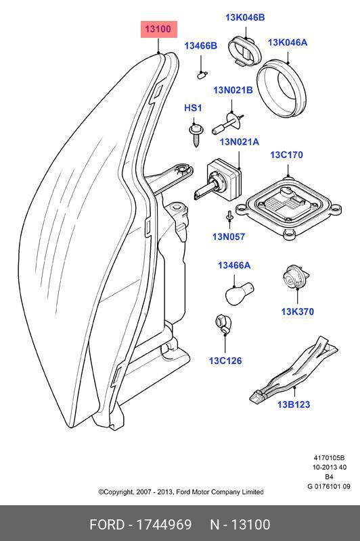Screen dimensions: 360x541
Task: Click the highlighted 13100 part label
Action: [x=159, y=29]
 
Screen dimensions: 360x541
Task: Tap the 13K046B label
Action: [x=245, y=18]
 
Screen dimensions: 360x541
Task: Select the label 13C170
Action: [x=286, y=155]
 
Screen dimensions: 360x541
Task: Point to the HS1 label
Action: [x=193, y=108]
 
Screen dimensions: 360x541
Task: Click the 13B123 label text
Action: [x=294, y=405]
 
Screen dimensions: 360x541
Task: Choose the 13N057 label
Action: [x=229, y=236]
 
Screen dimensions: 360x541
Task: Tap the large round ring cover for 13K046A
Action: [x=282, y=88]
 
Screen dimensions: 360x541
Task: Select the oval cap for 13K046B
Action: [x=245, y=51]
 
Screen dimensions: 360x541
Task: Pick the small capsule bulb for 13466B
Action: [x=202, y=74]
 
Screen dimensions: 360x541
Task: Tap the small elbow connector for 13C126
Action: [x=222, y=324]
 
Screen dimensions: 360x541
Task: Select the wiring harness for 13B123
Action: [x=293, y=370]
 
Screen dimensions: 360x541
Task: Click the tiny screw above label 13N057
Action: [x=229, y=216]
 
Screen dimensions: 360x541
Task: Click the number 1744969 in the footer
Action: [x=164, y=524]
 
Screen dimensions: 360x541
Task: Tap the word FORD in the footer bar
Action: [x=107, y=524]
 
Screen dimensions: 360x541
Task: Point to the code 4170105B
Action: [x=329, y=458]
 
